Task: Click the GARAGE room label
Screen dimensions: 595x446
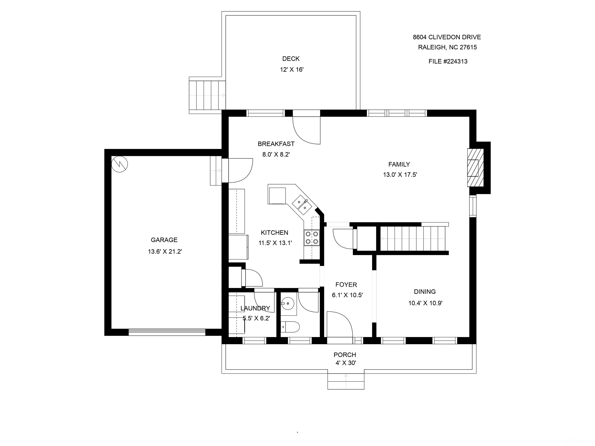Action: tap(164, 240)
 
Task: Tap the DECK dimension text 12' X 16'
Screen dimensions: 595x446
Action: tap(291, 70)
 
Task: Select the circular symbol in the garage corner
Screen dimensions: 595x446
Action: tap(120, 164)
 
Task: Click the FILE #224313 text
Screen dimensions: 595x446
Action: tap(448, 61)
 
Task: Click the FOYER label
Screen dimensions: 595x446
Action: tap(346, 285)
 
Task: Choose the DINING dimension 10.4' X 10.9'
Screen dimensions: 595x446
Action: tap(425, 303)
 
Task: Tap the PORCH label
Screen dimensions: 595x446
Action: tap(345, 355)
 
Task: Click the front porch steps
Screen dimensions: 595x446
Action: tap(346, 380)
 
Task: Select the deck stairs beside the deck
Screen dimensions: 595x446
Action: tap(207, 95)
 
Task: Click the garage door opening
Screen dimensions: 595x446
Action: tap(167, 332)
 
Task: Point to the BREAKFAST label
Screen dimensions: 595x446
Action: tap(276, 144)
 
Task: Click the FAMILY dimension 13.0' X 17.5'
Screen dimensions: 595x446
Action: tap(400, 175)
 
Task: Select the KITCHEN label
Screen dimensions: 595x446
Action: tap(274, 232)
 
